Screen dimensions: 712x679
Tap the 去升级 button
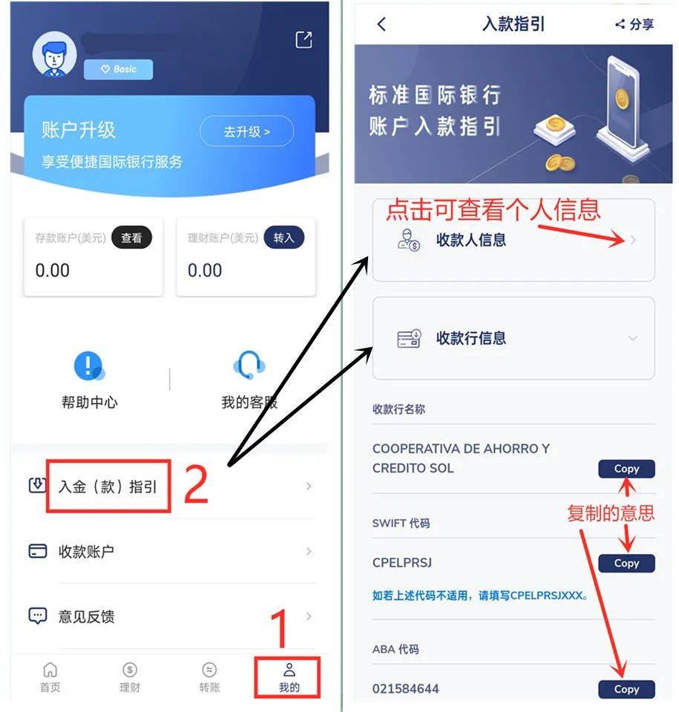point(246,132)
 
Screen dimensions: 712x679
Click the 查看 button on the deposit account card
point(131,238)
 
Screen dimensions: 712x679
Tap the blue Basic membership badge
point(118,69)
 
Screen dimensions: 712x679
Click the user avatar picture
point(54,54)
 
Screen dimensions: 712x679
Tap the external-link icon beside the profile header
point(304,40)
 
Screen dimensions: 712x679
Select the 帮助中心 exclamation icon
point(88,366)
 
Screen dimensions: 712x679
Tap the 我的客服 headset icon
point(249,366)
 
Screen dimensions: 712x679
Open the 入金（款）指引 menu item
point(108,487)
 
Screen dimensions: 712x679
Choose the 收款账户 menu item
point(86,552)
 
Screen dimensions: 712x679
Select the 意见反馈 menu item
point(86,616)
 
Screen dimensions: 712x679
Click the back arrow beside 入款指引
point(381,24)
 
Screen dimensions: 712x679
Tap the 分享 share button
point(634,24)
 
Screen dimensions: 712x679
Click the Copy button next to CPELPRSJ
point(626,564)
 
